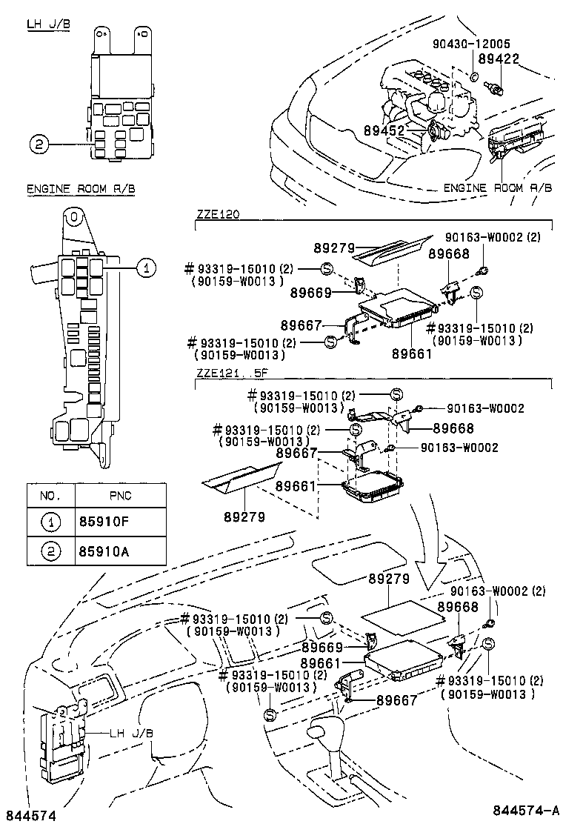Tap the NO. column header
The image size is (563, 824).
tap(50, 495)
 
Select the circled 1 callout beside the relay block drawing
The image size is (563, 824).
tap(147, 269)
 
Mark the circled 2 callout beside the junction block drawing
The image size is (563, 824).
tap(40, 144)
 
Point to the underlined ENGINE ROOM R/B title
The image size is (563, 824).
tap(81, 190)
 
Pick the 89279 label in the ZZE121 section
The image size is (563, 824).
tap(244, 516)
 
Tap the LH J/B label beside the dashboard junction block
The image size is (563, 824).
tap(131, 734)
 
